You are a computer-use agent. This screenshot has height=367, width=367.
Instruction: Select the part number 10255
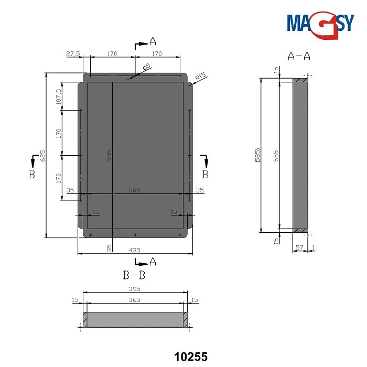tap(191, 357)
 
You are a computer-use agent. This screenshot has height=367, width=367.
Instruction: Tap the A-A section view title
tap(299, 56)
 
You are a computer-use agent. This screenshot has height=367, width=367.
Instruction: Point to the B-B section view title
tap(134, 274)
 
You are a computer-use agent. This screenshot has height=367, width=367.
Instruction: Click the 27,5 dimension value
tap(73, 53)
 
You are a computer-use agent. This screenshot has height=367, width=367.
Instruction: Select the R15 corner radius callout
tap(200, 79)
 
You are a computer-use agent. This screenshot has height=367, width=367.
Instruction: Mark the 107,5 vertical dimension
tap(58, 96)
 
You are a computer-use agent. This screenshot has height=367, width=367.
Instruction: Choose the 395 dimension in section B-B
tap(135, 289)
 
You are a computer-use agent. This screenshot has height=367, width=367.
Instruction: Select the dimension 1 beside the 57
tap(313, 247)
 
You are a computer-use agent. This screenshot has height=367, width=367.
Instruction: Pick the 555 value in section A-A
tap(276, 155)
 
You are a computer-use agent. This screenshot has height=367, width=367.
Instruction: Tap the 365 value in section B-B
tap(135, 300)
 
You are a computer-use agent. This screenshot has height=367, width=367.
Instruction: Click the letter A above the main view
tap(153, 40)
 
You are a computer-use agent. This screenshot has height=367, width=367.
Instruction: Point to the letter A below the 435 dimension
tap(153, 261)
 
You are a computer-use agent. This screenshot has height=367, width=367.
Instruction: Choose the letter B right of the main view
tap(206, 173)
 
